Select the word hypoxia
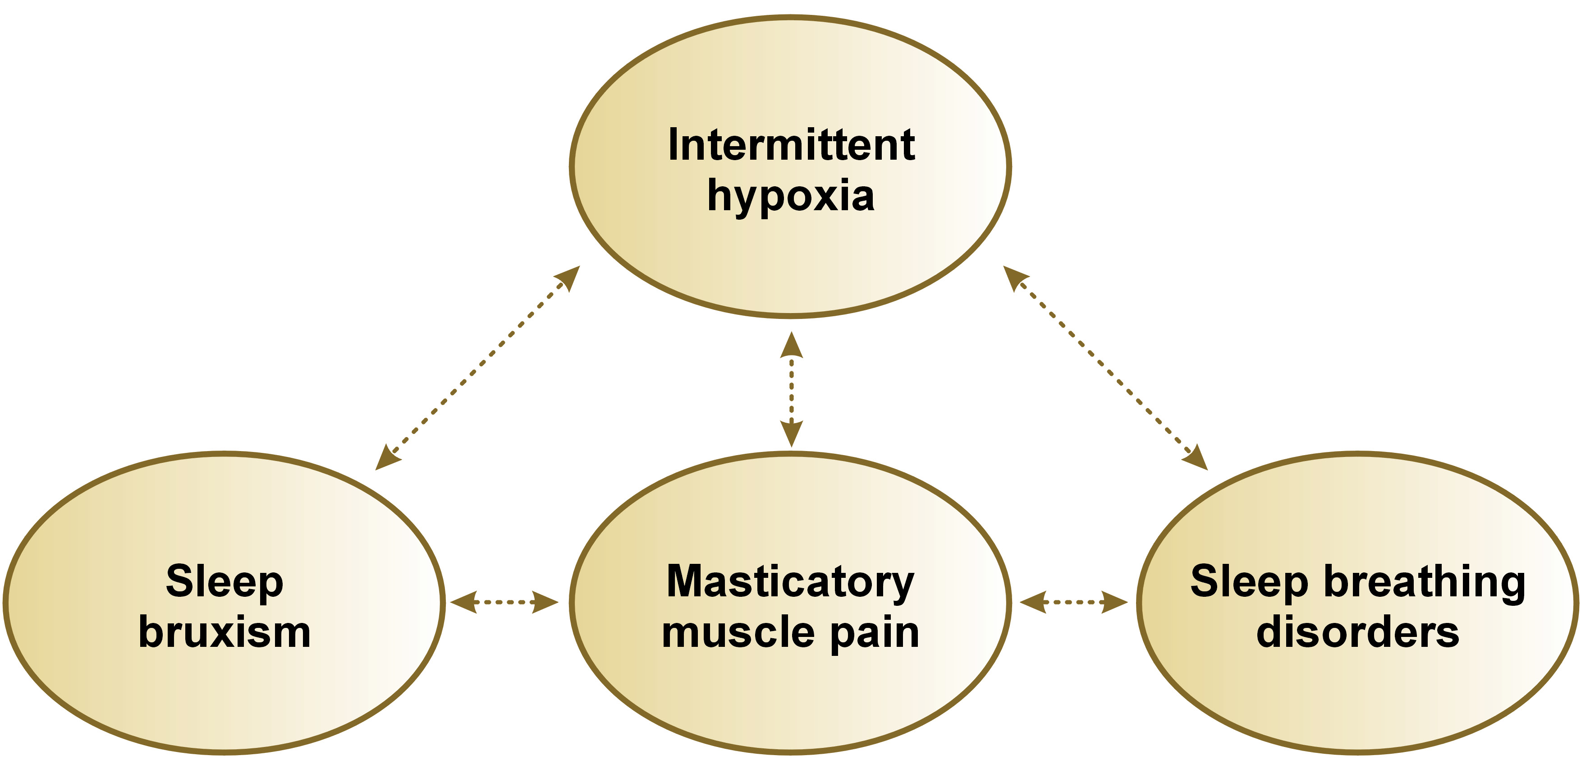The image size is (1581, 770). (x=791, y=197)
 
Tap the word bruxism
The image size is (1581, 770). (x=225, y=632)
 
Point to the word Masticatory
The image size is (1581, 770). (x=791, y=581)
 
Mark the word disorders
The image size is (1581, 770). (x=1357, y=632)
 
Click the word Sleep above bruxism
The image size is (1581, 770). (x=225, y=581)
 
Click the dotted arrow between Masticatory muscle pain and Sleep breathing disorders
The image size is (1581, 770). (x=1073, y=602)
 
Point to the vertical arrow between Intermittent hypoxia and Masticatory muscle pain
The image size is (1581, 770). (x=791, y=389)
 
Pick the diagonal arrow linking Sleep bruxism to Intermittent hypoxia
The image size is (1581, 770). (x=477, y=368)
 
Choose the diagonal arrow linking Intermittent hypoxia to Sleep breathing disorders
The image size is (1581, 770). (x=1105, y=368)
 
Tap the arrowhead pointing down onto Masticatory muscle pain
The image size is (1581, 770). (x=791, y=433)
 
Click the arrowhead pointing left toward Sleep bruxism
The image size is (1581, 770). (x=464, y=602)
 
